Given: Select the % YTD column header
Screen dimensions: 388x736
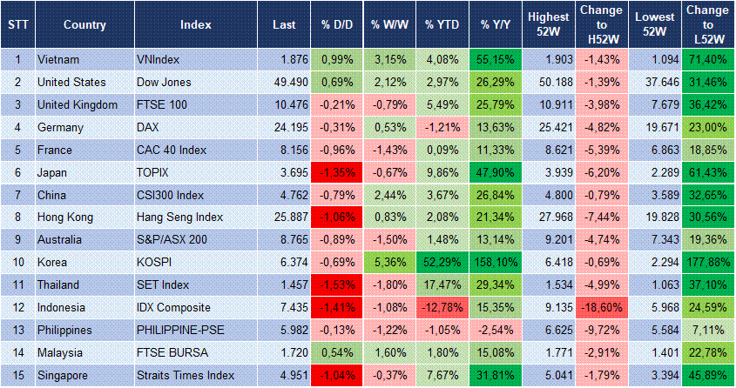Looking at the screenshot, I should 441,24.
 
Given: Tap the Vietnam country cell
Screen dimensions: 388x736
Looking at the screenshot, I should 58,59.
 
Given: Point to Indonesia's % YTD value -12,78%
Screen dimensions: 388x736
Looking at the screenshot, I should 441,307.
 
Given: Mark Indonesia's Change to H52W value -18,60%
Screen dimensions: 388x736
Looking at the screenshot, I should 600,307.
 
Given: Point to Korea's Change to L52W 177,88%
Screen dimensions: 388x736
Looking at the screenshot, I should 707,262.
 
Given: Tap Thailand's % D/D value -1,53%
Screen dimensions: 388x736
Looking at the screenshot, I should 334,284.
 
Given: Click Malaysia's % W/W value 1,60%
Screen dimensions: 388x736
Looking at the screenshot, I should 388,351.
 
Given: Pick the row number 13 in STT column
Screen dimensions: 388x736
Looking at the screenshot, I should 17,330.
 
